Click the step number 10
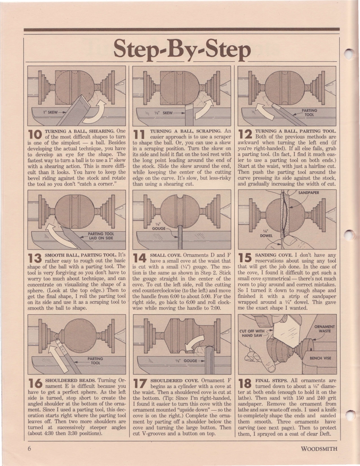point(35,134)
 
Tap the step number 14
point(140,258)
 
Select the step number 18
point(245,384)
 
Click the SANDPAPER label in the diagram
point(309,193)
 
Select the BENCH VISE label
point(320,358)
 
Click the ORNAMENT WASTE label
point(324,329)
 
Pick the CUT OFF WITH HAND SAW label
point(252,333)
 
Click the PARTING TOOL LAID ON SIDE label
point(101,236)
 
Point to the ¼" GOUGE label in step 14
point(159,227)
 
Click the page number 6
point(29,449)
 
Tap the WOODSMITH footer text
point(319,449)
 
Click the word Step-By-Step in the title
point(182,49)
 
